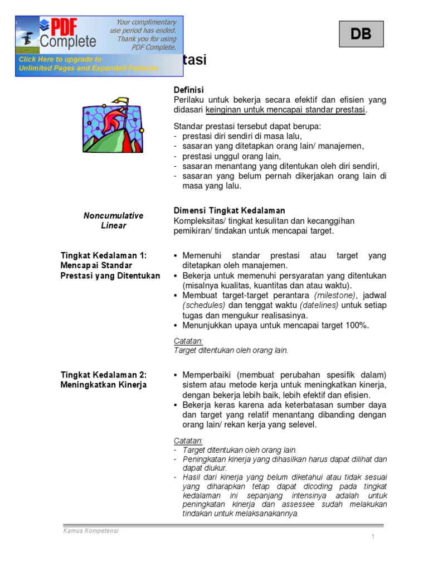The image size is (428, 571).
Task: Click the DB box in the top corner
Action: click(x=361, y=34)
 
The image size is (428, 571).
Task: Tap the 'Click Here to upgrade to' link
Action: click(x=60, y=59)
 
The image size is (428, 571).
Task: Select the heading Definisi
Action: click(x=189, y=90)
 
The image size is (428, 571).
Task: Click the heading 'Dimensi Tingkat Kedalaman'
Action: click(x=229, y=210)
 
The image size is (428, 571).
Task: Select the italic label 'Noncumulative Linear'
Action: click(x=114, y=220)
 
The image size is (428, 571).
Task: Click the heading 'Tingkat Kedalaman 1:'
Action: click(x=103, y=255)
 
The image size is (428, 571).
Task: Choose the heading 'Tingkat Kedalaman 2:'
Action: click(x=103, y=375)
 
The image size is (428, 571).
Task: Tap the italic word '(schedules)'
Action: click(x=204, y=305)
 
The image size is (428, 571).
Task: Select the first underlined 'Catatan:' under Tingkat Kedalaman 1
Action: click(x=188, y=341)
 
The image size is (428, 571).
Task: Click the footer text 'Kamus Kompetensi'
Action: click(x=90, y=531)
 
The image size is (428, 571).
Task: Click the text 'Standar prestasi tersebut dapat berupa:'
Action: click(x=247, y=126)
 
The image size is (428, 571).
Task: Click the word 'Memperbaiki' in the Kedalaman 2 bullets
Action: click(x=206, y=375)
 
